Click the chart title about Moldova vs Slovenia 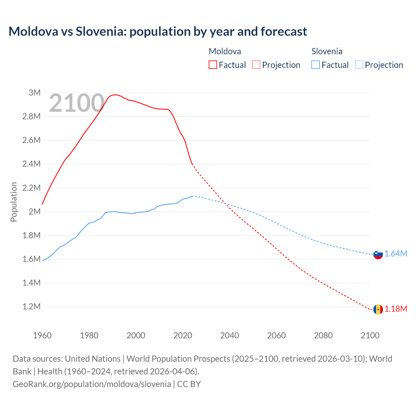(x=158, y=32)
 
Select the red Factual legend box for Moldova (x=213, y=65)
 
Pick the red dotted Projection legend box (x=256, y=65)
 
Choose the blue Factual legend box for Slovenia (x=316, y=65)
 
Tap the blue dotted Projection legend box (x=359, y=65)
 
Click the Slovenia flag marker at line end (x=378, y=254)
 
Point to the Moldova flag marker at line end (x=378, y=309)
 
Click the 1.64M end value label (x=396, y=254)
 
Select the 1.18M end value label (x=396, y=309)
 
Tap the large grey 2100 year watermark (x=77, y=103)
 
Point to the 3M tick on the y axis (x=34, y=93)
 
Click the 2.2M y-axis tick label (x=32, y=188)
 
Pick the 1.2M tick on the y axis (x=32, y=306)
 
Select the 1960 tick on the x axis (x=42, y=335)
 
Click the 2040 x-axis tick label (x=229, y=335)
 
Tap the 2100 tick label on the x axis (x=370, y=335)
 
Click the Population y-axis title (x=14, y=202)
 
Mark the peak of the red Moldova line (x=115, y=95)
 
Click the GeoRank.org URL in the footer (x=92, y=384)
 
